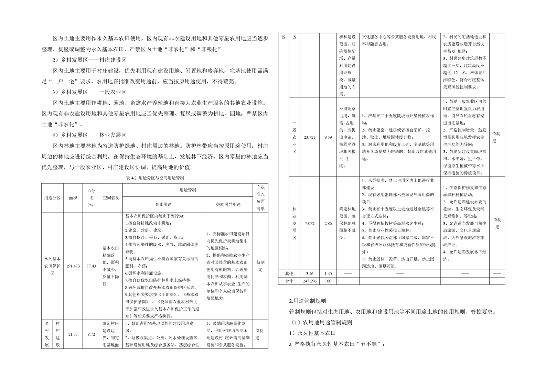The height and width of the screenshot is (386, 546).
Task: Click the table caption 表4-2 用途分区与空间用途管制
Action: pos(155,178)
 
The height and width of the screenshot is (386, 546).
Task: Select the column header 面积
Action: pos(73,198)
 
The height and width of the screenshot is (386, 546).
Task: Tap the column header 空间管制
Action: pos(111,198)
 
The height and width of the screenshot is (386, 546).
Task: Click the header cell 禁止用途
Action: pos(163,204)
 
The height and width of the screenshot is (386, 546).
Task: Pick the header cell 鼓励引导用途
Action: pos(228,204)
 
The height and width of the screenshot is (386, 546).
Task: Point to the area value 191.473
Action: pos(73,266)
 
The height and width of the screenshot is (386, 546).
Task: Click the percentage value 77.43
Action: pos(91,266)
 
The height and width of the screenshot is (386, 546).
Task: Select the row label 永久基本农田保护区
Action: pos(52,266)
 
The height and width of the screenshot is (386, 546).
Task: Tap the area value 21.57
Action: pos(73,334)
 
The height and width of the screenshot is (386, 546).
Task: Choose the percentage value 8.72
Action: pos(91,334)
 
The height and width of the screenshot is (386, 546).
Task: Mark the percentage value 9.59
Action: pos(328,137)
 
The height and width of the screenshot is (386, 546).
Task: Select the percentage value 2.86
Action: pos(328,223)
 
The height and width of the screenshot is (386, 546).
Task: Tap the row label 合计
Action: pos(289,281)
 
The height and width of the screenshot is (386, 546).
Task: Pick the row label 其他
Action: pos(289,274)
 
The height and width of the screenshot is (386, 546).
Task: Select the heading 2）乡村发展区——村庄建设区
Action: pos(89,60)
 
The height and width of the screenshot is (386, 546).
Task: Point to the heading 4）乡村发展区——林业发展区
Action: pos(89,135)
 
